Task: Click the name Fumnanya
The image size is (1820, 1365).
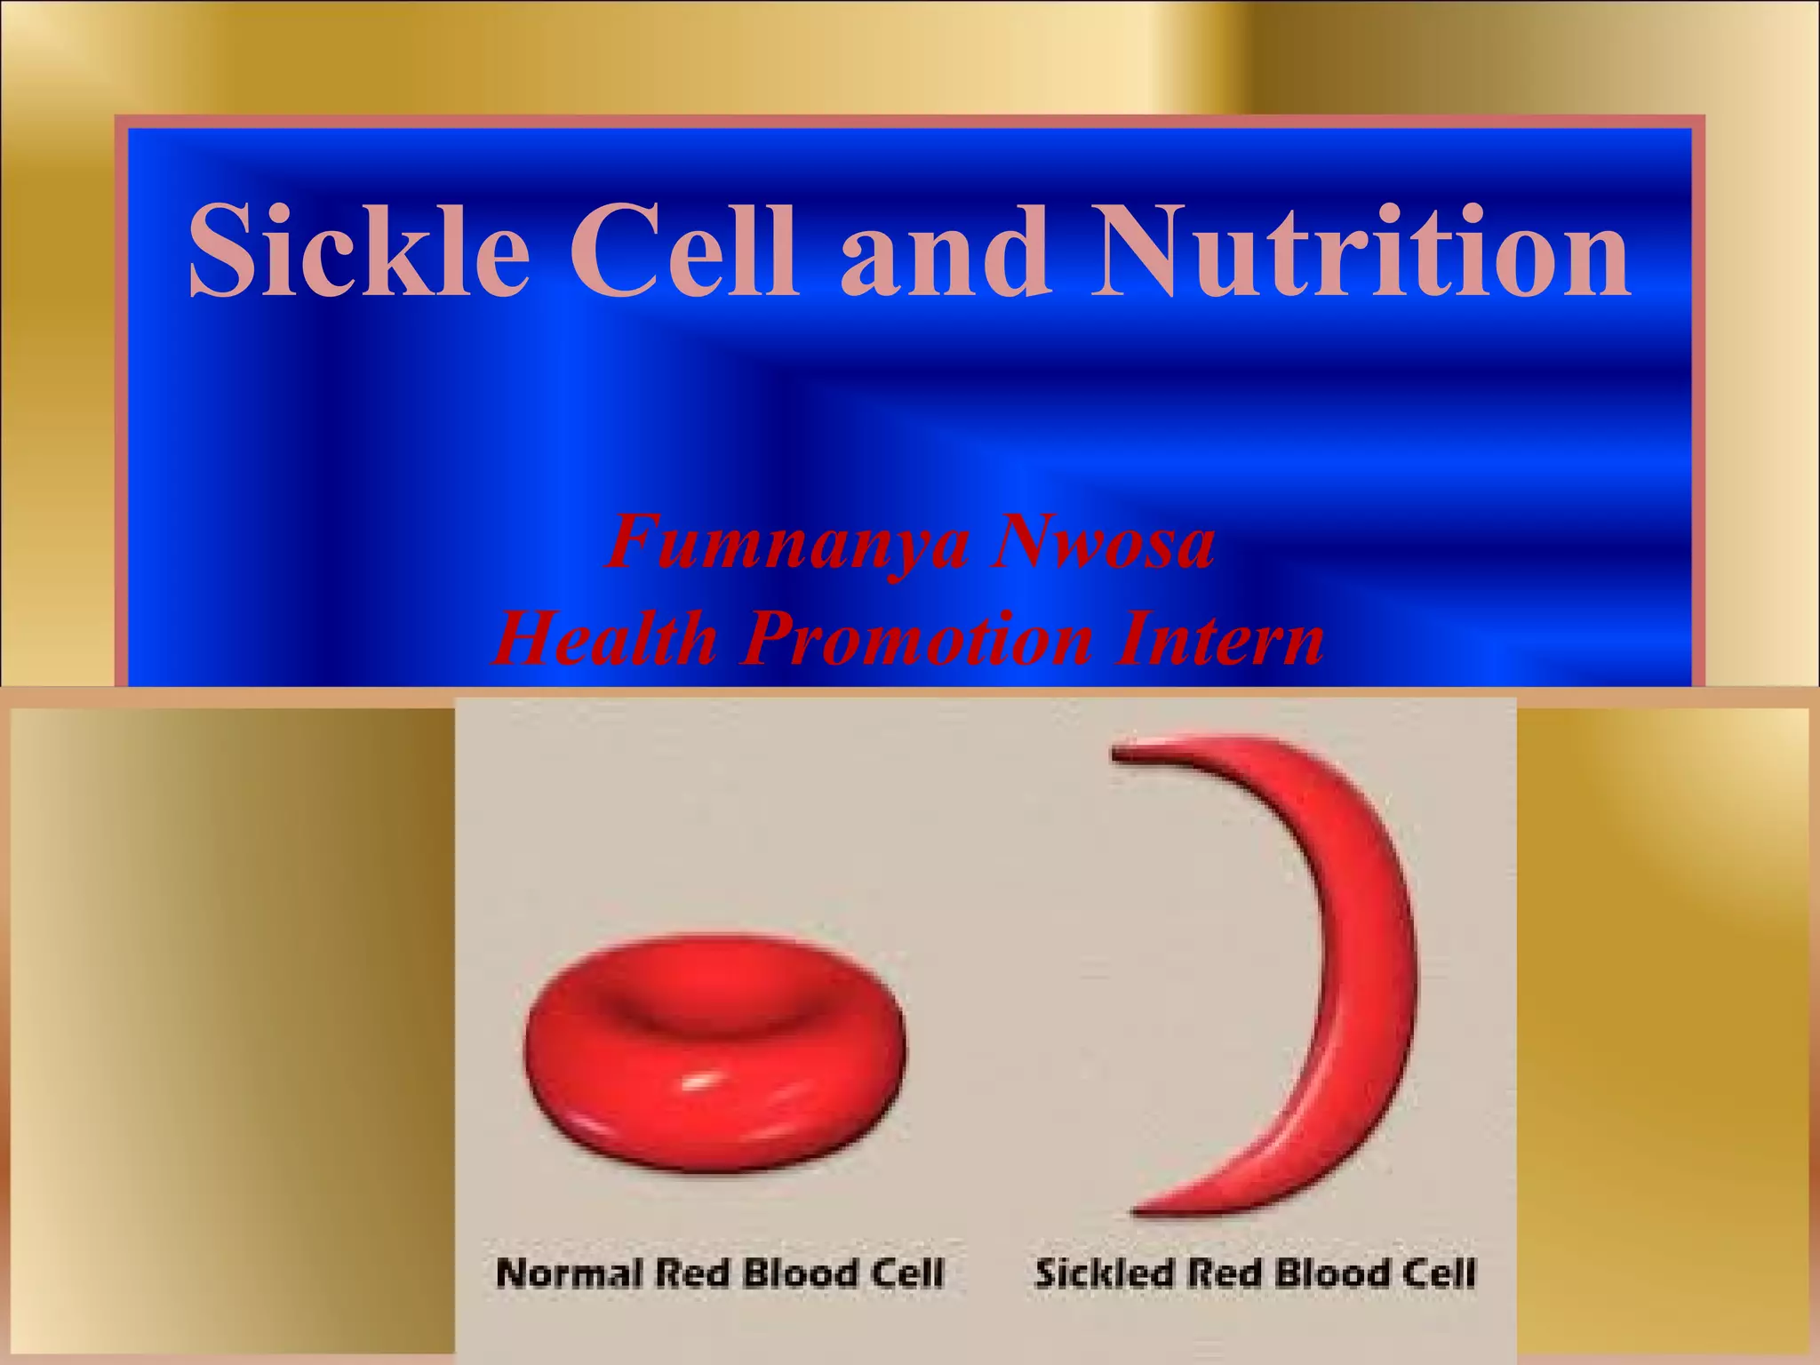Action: [786, 543]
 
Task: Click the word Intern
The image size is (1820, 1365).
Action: [1221, 640]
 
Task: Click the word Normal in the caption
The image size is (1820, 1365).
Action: [569, 1273]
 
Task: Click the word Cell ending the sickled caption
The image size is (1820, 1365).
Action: [1440, 1273]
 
